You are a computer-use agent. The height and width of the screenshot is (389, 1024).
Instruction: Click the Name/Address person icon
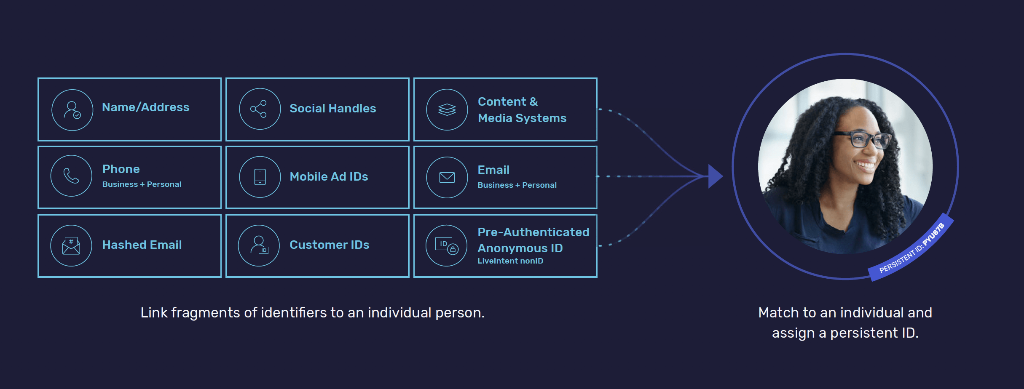pyautogui.click(x=72, y=110)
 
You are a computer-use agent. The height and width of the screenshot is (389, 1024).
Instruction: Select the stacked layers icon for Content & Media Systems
pyautogui.click(x=447, y=109)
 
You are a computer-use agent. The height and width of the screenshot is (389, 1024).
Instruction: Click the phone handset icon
pyautogui.click(x=71, y=176)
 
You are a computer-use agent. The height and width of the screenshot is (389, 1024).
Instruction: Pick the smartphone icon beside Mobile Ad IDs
pyautogui.click(x=260, y=177)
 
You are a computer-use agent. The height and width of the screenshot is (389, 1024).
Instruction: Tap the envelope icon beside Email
pyautogui.click(x=447, y=177)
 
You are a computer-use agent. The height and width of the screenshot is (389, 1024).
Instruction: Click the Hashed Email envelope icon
pyautogui.click(x=71, y=245)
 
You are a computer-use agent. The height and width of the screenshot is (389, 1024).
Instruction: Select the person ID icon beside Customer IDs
pyautogui.click(x=259, y=245)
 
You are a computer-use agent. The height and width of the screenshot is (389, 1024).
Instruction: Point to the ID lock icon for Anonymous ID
pyautogui.click(x=447, y=245)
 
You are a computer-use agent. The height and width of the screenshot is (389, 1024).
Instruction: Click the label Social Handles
pyautogui.click(x=332, y=109)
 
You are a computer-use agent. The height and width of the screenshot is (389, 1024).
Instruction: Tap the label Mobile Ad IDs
pyautogui.click(x=329, y=177)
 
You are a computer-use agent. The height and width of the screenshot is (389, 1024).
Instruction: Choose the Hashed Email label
pyautogui.click(x=142, y=245)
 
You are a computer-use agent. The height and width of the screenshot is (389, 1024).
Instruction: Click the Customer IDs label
pyautogui.click(x=329, y=245)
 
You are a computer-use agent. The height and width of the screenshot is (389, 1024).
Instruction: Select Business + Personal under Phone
pyautogui.click(x=142, y=184)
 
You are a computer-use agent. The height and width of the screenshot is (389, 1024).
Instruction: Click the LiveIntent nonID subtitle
pyautogui.click(x=510, y=261)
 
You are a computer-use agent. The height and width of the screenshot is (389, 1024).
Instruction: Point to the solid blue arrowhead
pyautogui.click(x=715, y=176)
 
